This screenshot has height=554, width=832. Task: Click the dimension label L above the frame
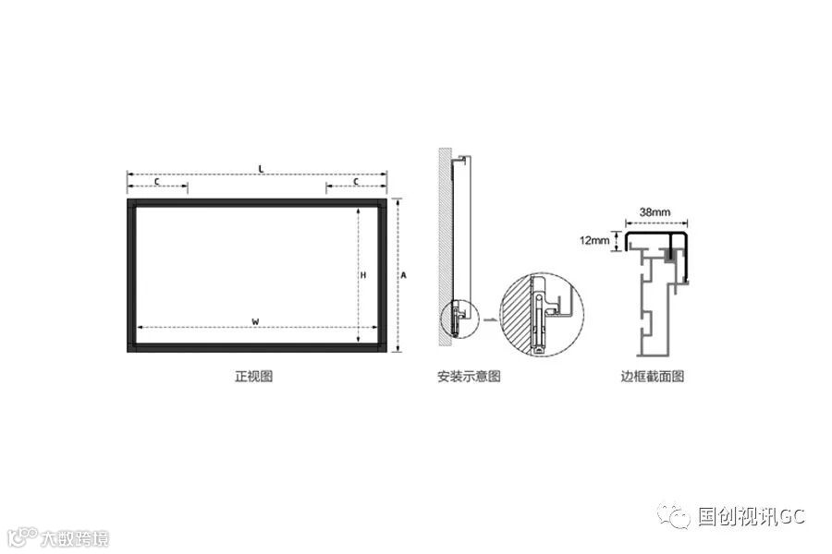tap(262, 169)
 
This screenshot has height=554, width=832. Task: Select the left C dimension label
tap(156, 182)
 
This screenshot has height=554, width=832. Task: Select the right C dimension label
tap(357, 182)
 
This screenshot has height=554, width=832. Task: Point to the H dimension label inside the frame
tap(363, 275)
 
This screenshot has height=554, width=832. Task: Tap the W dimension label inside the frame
tap(255, 320)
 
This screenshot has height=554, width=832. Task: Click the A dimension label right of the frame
tap(404, 275)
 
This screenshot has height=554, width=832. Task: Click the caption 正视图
tap(253, 377)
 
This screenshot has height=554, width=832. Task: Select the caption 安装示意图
tap(469, 377)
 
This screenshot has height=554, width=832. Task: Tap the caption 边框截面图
tap(653, 377)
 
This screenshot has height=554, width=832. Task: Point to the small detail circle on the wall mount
tap(460, 319)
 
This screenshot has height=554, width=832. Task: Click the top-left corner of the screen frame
tap(130, 202)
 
